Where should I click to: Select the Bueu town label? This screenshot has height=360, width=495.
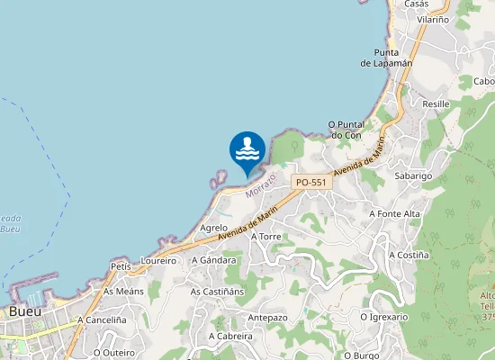24,311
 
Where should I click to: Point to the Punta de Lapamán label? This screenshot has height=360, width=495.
386,58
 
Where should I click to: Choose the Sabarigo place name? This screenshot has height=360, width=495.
414,175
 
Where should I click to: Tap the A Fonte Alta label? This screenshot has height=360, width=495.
394,213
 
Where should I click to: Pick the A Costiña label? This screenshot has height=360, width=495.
408,255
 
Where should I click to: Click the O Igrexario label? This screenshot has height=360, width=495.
383,317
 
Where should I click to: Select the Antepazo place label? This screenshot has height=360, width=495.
267,318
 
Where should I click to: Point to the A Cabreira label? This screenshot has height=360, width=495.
230,336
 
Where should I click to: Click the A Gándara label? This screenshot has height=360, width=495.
213,260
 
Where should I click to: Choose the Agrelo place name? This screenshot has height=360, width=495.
213,228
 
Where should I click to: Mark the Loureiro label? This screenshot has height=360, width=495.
158,260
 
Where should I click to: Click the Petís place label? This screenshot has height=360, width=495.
121,266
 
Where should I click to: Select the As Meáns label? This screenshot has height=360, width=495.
123,292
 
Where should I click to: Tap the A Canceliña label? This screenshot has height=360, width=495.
101,319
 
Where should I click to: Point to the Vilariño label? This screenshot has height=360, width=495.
434,18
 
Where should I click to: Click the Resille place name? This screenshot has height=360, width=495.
436,104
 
